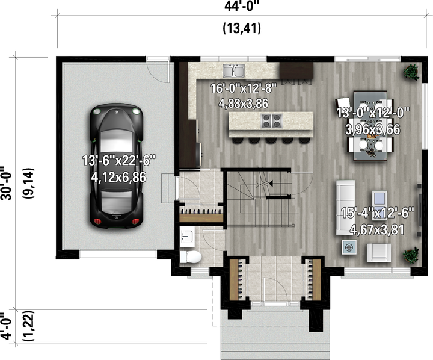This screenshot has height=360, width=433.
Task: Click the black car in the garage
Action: pyautogui.click(x=117, y=166)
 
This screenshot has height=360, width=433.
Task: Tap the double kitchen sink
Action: pyautogui.click(x=233, y=71)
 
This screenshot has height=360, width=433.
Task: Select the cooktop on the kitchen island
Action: pyautogui.click(x=272, y=121)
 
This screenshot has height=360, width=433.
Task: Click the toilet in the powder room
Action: pyautogui.click(x=191, y=257)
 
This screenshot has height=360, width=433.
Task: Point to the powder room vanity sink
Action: pyautogui.click(x=187, y=237)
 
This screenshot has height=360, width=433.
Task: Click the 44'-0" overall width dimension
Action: pyautogui.click(x=242, y=6)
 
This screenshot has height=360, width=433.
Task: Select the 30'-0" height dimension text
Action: pyautogui.click(x=6, y=183)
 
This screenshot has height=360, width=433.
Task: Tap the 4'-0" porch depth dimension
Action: pyautogui.click(x=6, y=326)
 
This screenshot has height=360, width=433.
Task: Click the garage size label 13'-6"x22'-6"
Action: pyautogui.click(x=119, y=160)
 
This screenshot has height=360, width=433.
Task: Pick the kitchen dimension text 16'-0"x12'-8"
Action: pyautogui.click(x=244, y=88)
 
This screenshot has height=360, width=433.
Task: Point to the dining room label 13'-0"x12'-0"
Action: pyautogui.click(x=373, y=113)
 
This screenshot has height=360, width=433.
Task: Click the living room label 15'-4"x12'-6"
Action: pyautogui.click(x=378, y=213)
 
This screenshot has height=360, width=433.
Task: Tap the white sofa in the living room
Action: pyautogui.click(x=345, y=208)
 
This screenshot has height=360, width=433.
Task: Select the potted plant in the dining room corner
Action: pyautogui.click(x=411, y=72)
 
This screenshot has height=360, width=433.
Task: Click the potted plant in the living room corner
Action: pyautogui.click(x=411, y=255)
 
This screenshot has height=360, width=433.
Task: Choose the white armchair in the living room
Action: pyautogui.click(x=379, y=253)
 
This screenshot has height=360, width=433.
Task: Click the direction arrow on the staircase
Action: pyautogui.click(x=264, y=184)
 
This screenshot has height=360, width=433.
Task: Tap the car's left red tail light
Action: pyautogui.click(x=97, y=221)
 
